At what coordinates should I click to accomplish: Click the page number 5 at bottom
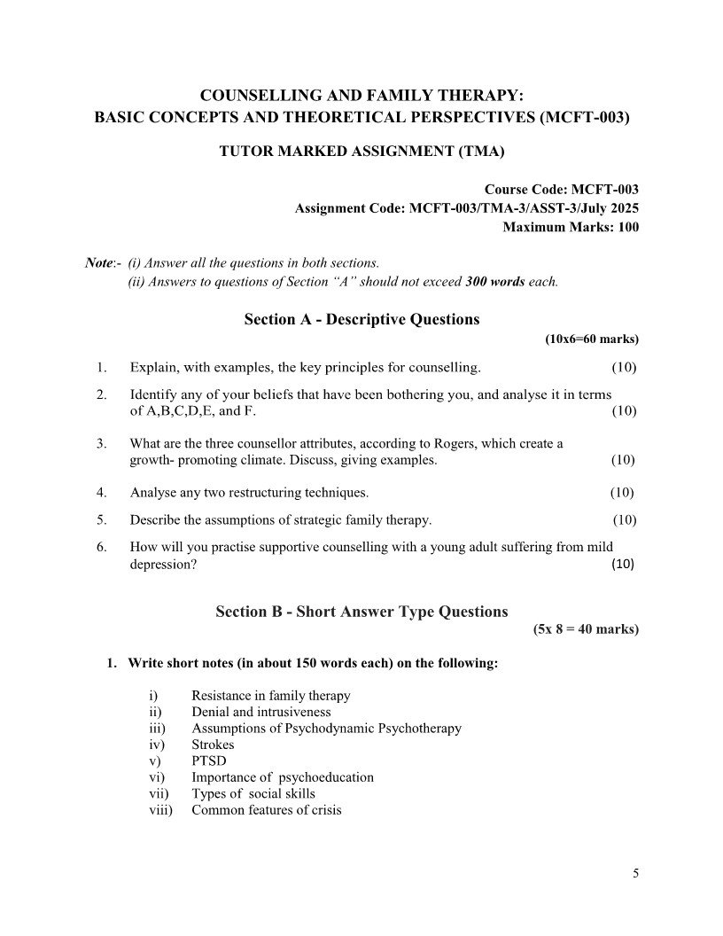[635, 873]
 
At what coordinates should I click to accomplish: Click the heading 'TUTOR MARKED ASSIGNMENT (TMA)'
[361, 152]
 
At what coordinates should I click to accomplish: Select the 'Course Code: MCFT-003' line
[561, 190]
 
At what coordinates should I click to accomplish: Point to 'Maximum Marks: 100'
[571, 227]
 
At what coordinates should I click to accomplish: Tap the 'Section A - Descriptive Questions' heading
[361, 319]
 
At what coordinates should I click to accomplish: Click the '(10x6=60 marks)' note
[591, 339]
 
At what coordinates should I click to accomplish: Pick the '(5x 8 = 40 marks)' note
[585, 629]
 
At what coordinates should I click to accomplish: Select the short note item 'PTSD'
[209, 760]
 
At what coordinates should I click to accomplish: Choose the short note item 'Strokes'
[213, 745]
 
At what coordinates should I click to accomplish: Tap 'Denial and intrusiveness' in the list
[260, 712]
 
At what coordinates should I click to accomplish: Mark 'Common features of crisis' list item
[266, 809]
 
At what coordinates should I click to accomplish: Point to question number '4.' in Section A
[102, 492]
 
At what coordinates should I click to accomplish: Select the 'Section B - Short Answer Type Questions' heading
[361, 612]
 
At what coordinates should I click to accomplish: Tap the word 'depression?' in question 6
[163, 565]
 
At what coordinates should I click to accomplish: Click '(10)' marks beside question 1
[624, 367]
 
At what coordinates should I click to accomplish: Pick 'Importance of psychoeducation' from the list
[282, 777]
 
